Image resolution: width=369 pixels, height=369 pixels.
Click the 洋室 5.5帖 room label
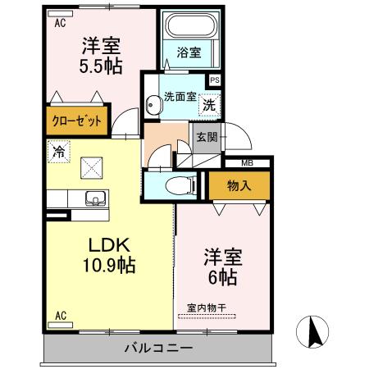click(101, 56)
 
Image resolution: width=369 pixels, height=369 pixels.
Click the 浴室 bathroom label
click(189, 53)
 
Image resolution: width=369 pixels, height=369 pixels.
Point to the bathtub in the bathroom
click(189, 25)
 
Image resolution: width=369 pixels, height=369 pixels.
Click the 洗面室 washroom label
click(179, 96)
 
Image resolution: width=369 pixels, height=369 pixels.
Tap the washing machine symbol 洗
click(209, 104)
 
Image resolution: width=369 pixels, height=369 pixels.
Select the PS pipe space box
click(215, 80)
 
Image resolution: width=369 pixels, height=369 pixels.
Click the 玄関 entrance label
click(206, 137)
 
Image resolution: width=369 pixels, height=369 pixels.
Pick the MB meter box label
click(247, 163)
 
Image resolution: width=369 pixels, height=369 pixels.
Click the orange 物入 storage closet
click(239, 186)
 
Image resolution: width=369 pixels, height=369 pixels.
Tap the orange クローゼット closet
click(79, 121)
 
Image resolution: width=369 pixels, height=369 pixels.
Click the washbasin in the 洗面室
click(152, 105)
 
